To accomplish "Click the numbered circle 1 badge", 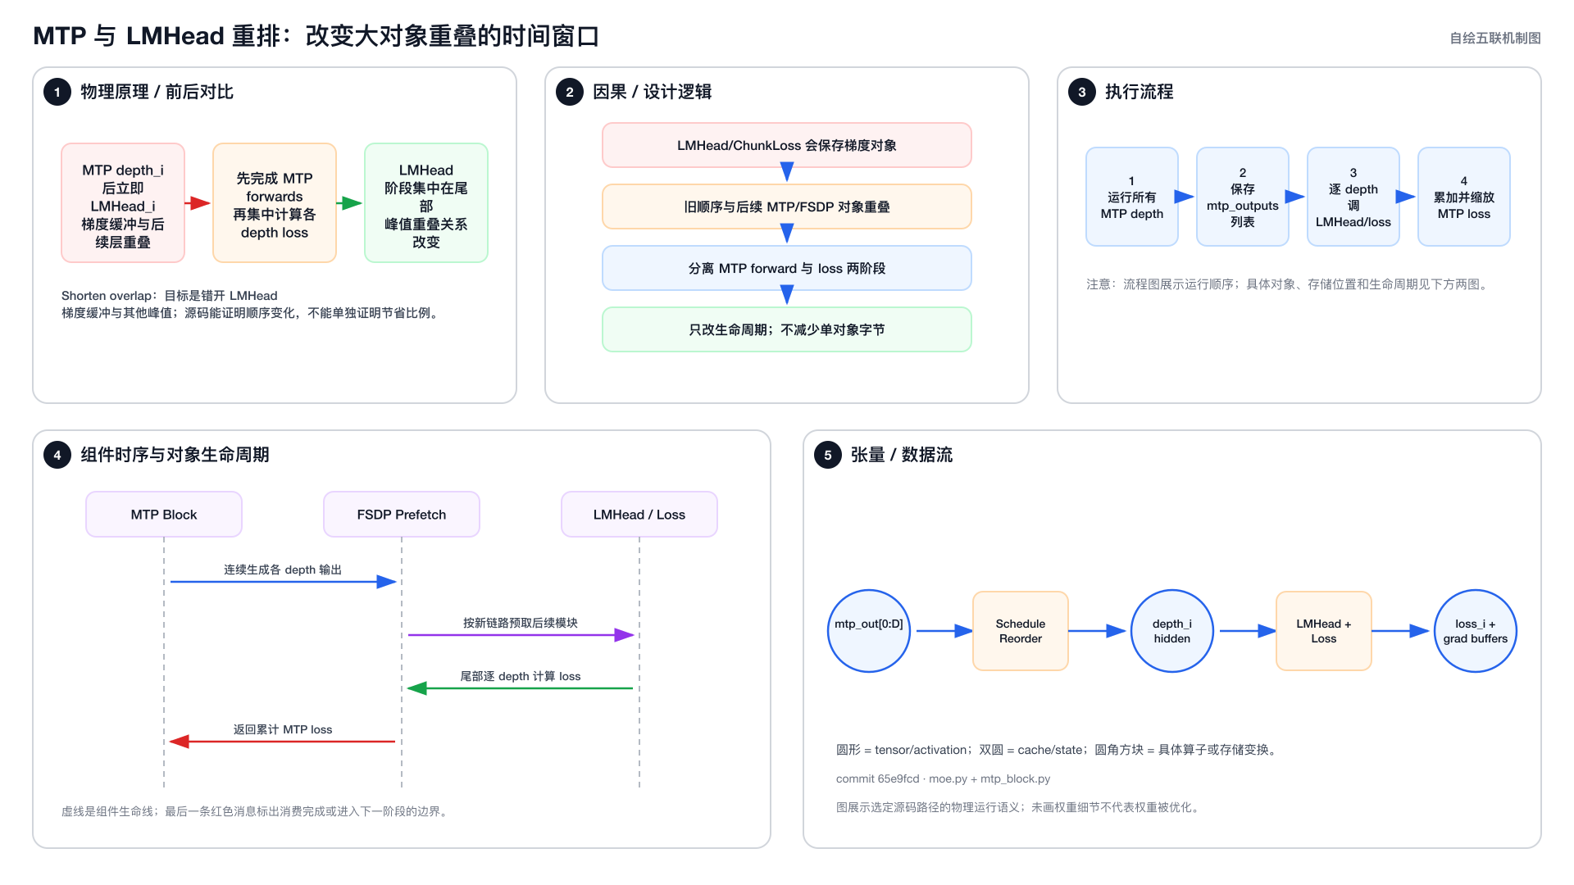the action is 57,92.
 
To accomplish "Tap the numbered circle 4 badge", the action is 57,455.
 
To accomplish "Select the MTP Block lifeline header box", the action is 164,515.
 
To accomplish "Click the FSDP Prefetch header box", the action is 402,515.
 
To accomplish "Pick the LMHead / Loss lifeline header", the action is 639,515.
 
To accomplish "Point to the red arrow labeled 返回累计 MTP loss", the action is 283,742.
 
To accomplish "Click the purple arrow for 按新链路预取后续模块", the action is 521,635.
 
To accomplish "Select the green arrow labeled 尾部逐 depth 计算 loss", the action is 521,688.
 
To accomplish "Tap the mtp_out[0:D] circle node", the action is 869,631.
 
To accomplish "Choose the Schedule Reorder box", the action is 1021,631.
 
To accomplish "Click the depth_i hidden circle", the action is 1172,631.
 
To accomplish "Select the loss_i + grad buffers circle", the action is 1476,631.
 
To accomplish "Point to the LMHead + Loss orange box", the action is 1324,631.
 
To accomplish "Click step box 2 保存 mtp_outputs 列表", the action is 1243,197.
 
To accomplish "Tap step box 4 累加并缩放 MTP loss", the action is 1464,197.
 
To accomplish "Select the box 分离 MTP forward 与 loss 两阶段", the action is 787,268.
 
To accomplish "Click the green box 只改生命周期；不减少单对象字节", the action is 787,329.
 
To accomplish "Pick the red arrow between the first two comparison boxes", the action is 198,203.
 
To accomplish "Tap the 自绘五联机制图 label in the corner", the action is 1495,38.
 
